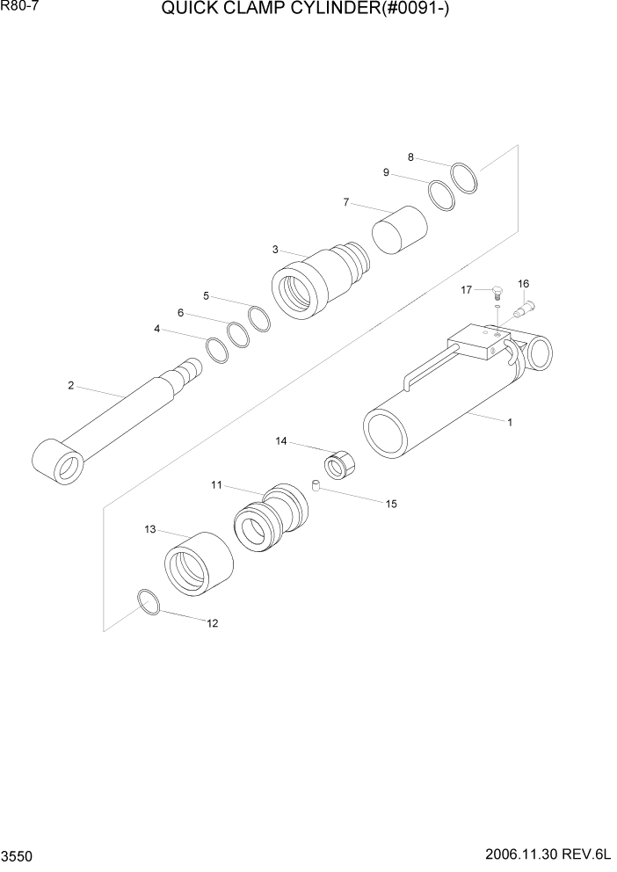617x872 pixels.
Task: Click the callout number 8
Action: coord(410,157)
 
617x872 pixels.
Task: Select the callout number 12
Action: coord(212,623)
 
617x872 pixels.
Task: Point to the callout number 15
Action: coord(391,504)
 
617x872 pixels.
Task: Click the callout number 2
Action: coord(70,385)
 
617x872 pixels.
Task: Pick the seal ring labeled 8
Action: coord(465,178)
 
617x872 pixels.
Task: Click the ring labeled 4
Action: coord(217,349)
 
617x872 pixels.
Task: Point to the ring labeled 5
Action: coord(259,319)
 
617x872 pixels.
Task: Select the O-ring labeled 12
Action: coord(149,603)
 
